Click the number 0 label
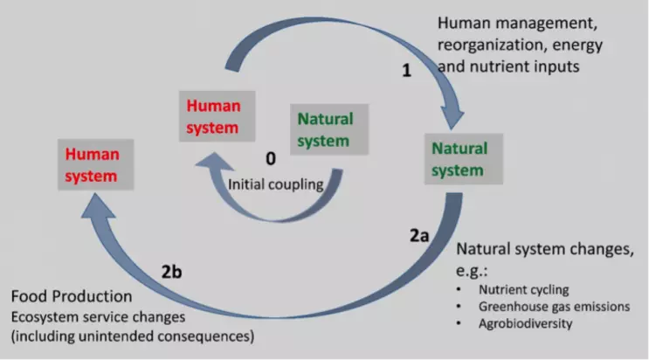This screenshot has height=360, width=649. click(x=271, y=159)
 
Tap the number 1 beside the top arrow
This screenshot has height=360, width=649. click(x=407, y=71)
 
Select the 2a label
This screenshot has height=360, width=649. click(x=419, y=236)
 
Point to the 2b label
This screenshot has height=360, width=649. click(x=171, y=272)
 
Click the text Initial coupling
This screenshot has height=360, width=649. click(x=276, y=184)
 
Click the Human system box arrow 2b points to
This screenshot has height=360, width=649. click(x=95, y=164)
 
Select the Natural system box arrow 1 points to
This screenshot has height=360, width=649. click(x=464, y=159)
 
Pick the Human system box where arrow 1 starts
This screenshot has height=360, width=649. click(x=217, y=116)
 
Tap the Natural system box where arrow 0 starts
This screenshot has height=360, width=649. click(x=329, y=129)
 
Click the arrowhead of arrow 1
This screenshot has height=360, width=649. click(x=452, y=118)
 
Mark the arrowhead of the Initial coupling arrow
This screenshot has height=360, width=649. click(x=214, y=161)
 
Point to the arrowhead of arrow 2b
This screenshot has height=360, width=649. click(x=98, y=205)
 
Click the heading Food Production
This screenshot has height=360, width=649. click(x=72, y=296)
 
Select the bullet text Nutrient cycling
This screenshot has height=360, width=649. click(x=523, y=289)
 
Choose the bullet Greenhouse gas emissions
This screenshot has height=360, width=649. click(x=554, y=307)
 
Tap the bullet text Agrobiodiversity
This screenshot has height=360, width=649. click(x=525, y=323)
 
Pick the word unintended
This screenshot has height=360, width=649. click(x=115, y=336)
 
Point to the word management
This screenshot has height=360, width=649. click(x=547, y=24)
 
